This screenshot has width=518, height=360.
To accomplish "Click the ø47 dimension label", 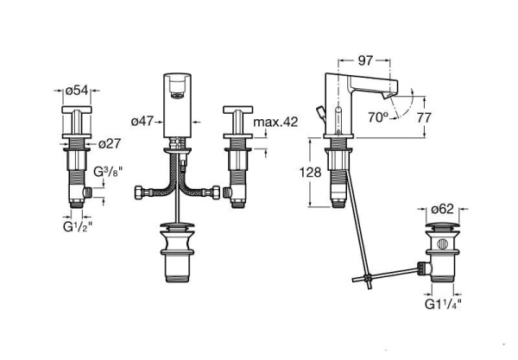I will point(144,122).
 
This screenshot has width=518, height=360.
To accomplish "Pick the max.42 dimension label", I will point(278,122).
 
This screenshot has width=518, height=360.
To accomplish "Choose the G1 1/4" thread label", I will point(442,304).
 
